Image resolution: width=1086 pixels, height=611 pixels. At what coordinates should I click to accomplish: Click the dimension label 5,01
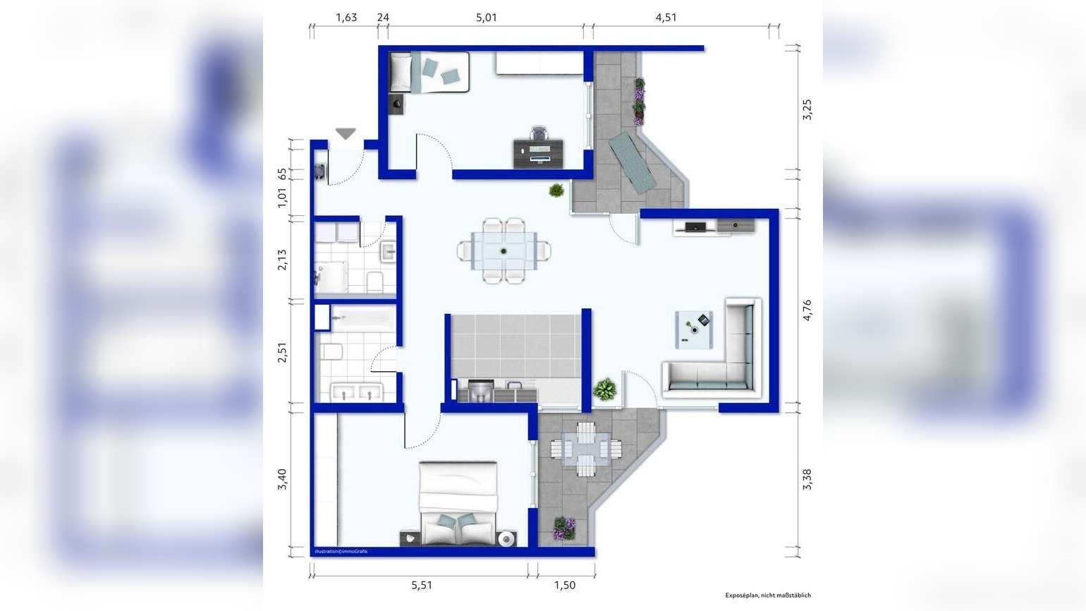click(487, 18)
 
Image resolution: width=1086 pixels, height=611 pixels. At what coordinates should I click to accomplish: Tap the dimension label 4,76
click(807, 310)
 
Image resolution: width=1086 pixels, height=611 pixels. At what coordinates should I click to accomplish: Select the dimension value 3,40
click(282, 479)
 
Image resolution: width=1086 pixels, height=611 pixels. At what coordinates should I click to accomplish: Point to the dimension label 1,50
click(565, 586)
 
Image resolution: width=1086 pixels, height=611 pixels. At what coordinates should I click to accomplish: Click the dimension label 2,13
click(282, 260)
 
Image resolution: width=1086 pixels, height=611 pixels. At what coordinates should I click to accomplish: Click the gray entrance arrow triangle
click(346, 133)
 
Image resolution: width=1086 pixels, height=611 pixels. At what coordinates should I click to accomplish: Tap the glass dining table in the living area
click(504, 250)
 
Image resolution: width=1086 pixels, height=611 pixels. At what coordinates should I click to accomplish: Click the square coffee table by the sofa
click(694, 329)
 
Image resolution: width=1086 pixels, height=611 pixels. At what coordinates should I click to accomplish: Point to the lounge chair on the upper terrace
click(633, 162)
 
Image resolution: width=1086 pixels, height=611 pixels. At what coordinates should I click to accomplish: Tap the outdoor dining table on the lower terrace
click(586, 449)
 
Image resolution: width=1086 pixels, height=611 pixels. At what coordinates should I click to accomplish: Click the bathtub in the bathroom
click(364, 319)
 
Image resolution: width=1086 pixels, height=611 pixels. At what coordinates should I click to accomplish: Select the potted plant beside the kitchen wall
click(604, 389)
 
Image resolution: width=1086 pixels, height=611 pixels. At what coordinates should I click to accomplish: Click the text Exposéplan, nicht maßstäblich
click(768, 595)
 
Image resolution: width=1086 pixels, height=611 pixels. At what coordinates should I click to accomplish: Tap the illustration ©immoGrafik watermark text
click(341, 551)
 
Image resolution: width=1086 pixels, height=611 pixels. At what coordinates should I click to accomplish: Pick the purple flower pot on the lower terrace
click(564, 528)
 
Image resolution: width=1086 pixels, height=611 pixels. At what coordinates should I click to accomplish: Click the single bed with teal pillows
click(429, 72)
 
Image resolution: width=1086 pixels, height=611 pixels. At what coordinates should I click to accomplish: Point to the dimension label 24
click(383, 18)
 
